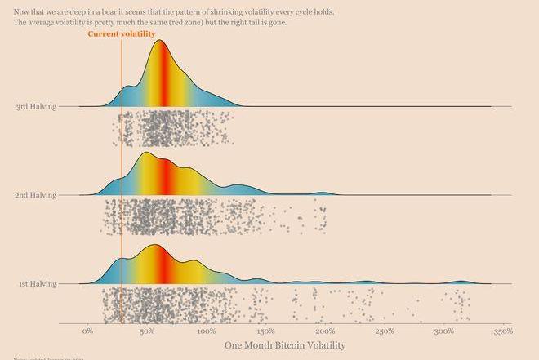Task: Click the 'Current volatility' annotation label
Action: (121, 34)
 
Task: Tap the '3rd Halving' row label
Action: (37, 107)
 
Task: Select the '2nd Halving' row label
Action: (37, 195)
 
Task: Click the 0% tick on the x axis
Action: (87, 331)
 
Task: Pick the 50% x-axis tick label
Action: (147, 331)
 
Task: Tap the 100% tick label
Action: (206, 331)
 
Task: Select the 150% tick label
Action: (265, 331)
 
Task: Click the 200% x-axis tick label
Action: (325, 331)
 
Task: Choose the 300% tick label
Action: (443, 331)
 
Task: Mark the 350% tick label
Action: (503, 331)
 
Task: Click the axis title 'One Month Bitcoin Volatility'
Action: (285, 346)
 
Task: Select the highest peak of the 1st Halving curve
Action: (155, 245)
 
